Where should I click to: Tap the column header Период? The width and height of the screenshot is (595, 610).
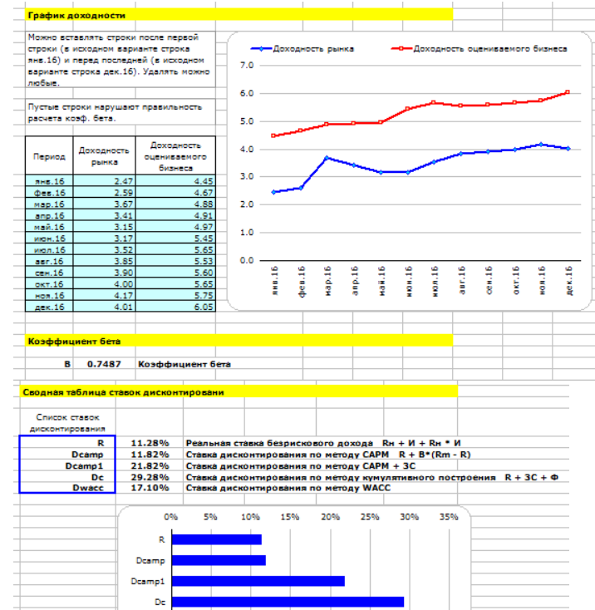49,155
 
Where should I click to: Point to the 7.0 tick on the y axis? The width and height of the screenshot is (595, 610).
246,65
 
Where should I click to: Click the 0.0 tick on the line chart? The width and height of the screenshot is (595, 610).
246,260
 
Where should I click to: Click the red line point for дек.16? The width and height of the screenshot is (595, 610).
568,92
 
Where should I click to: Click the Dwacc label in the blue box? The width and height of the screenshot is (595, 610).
92,489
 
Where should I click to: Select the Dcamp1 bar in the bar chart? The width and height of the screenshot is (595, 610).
258,581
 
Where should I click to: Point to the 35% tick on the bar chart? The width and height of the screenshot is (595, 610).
448,516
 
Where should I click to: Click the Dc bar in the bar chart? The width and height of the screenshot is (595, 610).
288,602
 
